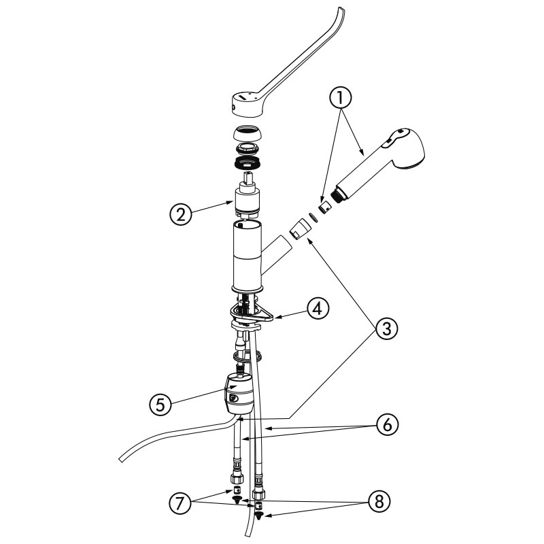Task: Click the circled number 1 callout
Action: [341, 98]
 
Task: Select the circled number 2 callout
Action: [181, 214]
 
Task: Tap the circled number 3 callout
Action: [386, 328]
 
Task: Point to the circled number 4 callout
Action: [318, 309]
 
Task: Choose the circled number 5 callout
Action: [160, 405]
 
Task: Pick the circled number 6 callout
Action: [387, 424]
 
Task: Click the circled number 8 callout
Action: [379, 501]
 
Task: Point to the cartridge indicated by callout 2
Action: [248, 202]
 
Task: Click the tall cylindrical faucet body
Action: [246, 257]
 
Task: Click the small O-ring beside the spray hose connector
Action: [314, 217]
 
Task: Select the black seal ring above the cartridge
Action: [247, 163]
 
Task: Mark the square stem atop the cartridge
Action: [248, 178]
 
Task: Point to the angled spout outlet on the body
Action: [277, 253]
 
